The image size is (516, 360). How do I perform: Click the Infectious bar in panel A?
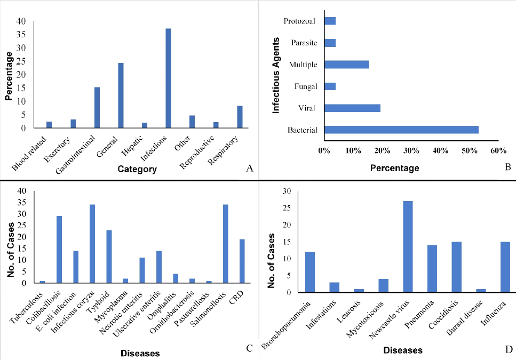tap(168, 78)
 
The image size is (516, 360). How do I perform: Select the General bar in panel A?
tap(121, 95)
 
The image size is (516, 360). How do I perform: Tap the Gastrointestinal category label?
tap(76, 155)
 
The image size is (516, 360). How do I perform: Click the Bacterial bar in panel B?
tap(401, 130)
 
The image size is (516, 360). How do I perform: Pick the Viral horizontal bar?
tap(352, 108)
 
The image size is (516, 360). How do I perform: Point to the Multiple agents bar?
tap(346, 65)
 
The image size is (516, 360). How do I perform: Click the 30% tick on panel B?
tap(411, 150)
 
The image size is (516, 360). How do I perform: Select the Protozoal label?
tap(299, 21)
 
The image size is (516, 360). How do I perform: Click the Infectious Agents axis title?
tap(276, 75)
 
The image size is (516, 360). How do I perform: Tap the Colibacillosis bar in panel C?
tap(59, 249)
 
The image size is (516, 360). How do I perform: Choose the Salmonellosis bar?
tap(226, 244)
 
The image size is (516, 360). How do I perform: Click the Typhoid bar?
tap(109, 257)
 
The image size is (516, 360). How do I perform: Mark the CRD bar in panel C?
tap(242, 261)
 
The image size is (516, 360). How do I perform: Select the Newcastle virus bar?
tap(408, 246)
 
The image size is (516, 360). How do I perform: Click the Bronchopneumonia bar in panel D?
tap(310, 272)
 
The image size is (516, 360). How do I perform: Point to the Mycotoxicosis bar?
tap(383, 286)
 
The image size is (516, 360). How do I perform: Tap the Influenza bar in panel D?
tap(505, 267)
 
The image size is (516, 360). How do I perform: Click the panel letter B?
tap(508, 167)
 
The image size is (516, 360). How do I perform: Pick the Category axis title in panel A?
tap(137, 169)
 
